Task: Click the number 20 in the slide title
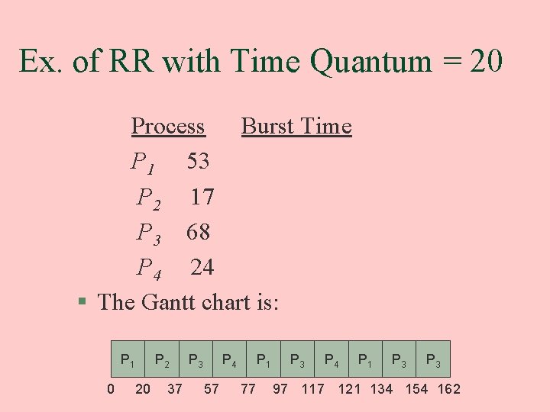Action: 487,61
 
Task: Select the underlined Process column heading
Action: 168,126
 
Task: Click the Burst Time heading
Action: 296,126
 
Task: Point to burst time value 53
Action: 199,161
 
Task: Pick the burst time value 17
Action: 202,197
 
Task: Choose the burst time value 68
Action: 199,232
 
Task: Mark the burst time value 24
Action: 202,267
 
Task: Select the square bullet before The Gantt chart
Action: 83,302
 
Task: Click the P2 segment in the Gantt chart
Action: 161,359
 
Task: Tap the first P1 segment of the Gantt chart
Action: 128,359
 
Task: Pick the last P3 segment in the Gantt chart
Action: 433,359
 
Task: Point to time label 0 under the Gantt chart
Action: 111,389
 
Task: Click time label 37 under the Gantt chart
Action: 175,389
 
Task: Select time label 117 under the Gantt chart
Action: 312,389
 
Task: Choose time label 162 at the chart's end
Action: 448,389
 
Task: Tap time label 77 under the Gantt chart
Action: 248,389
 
